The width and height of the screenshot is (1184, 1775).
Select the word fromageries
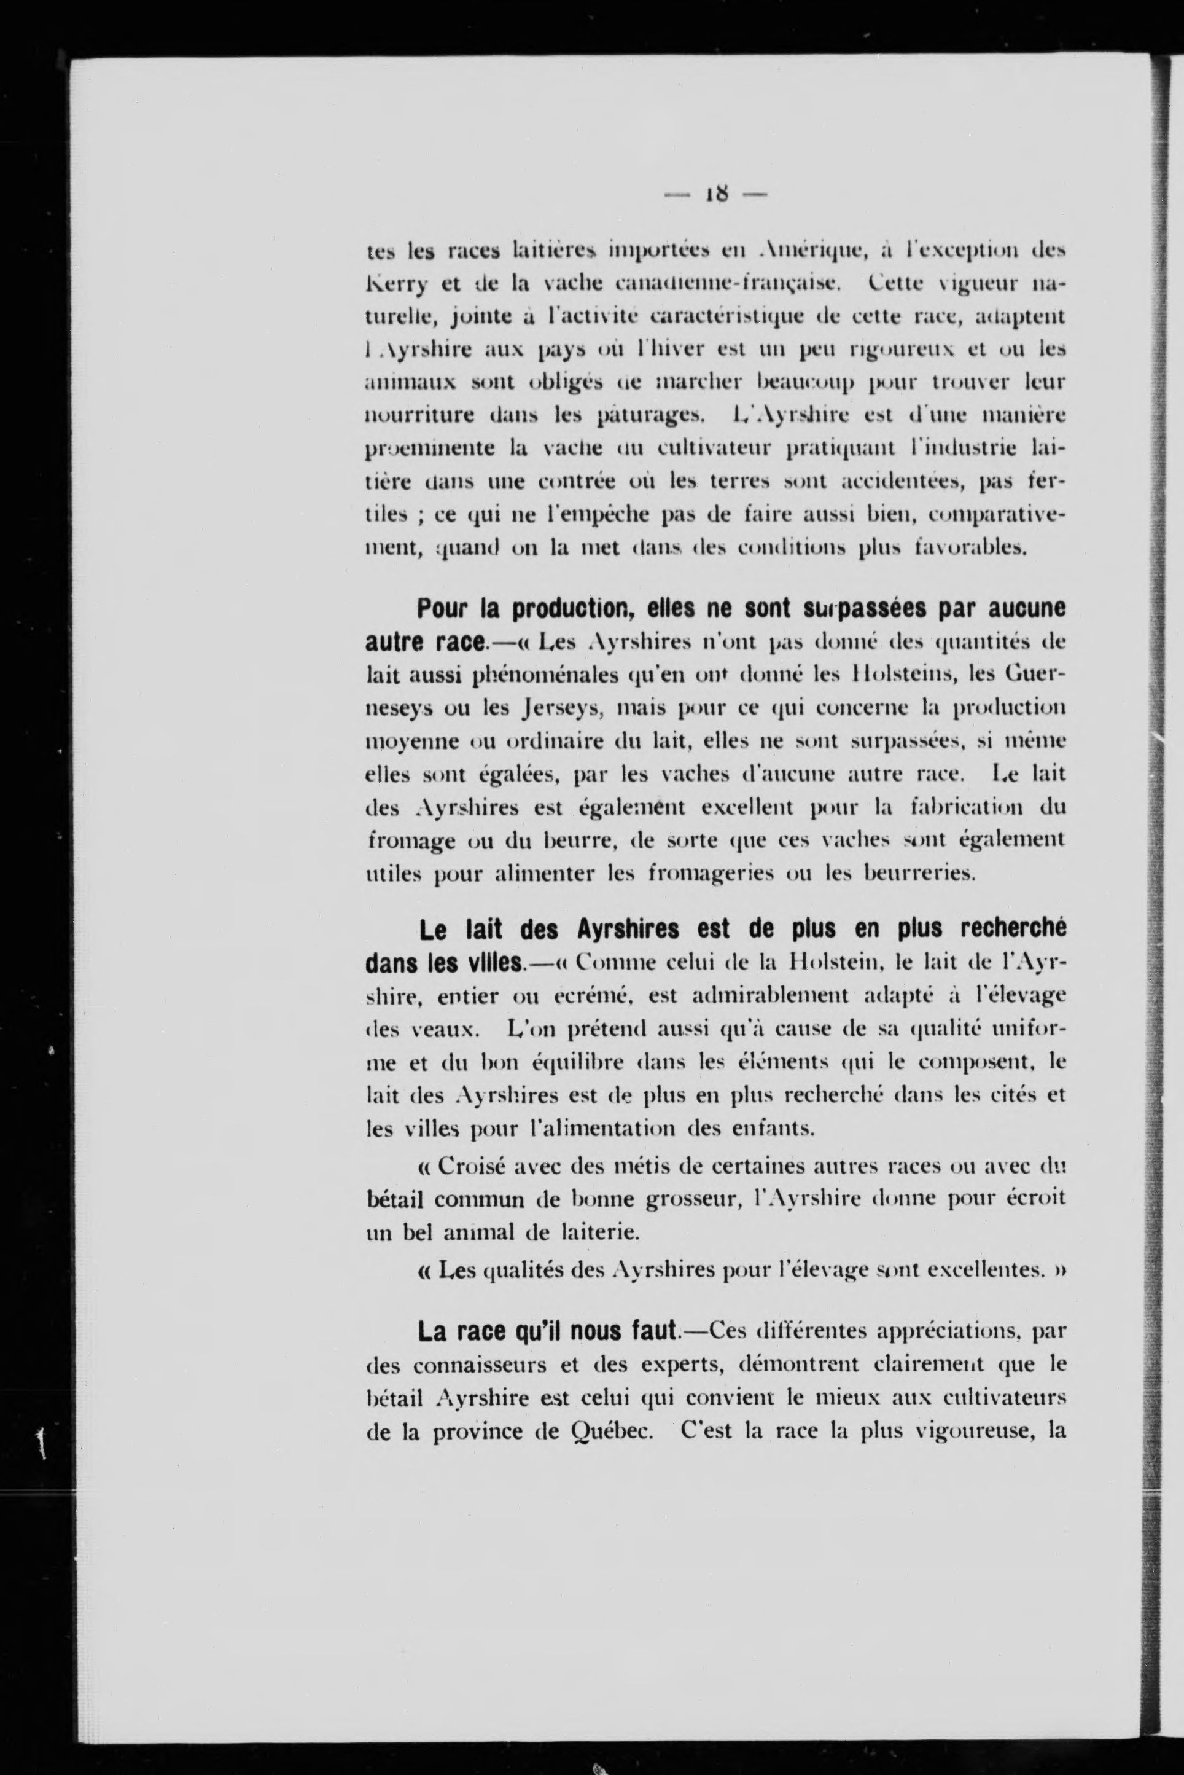click(x=709, y=874)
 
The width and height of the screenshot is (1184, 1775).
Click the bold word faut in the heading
click(x=652, y=1331)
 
